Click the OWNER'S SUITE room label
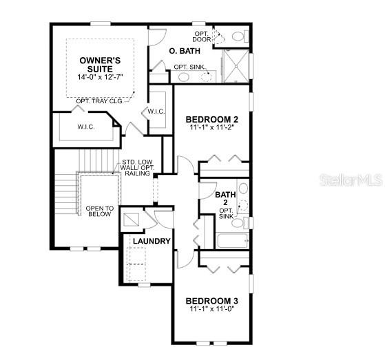pyautogui.click(x=100, y=65)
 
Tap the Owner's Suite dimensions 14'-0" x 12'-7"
pyautogui.click(x=100, y=77)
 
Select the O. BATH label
pyautogui.click(x=185, y=51)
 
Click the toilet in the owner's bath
pyautogui.click(x=240, y=36)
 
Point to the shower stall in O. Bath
pyautogui.click(x=236, y=66)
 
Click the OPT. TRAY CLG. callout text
pyautogui.click(x=100, y=101)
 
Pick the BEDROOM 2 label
pyautogui.click(x=212, y=120)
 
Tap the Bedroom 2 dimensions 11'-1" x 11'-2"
pyautogui.click(x=212, y=127)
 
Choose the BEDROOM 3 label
pyautogui.click(x=212, y=301)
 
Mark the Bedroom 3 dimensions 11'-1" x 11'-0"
pyautogui.click(x=212, y=308)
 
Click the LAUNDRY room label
pyautogui.click(x=152, y=241)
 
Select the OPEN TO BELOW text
pyautogui.click(x=100, y=211)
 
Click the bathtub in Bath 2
pyautogui.click(x=232, y=241)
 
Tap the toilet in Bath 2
pyautogui.click(x=240, y=222)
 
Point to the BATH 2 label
pyautogui.click(x=225, y=198)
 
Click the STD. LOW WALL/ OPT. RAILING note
pyautogui.click(x=137, y=167)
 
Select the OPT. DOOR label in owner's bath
pyautogui.click(x=202, y=36)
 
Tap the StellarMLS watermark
pyautogui.click(x=351, y=180)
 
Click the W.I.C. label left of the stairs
pyautogui.click(x=86, y=127)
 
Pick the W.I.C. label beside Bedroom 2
pyautogui.click(x=156, y=112)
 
